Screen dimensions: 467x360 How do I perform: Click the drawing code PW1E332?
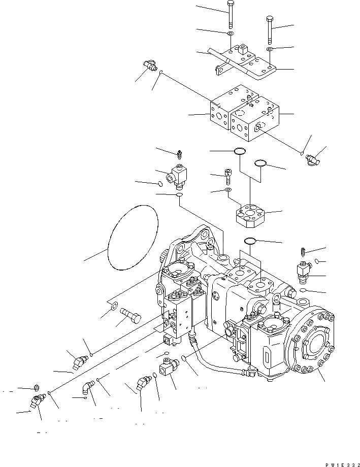coord(338,463)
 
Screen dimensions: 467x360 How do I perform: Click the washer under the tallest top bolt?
coord(230,34)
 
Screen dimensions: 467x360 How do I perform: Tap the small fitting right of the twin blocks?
coord(313,159)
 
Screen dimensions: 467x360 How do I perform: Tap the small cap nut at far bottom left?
coord(36,388)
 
